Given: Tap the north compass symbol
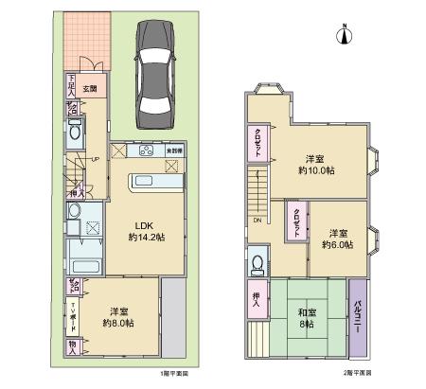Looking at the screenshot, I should coord(346,35).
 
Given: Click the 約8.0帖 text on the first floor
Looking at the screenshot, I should coord(118,323).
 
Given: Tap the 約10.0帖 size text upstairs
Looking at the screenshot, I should coord(320,171).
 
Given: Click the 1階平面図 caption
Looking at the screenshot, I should coord(173,372).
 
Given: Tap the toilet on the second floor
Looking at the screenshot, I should coord(258,262).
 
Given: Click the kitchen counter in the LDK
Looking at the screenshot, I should coord(150,181).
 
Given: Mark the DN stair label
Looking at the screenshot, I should coord(257,220).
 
